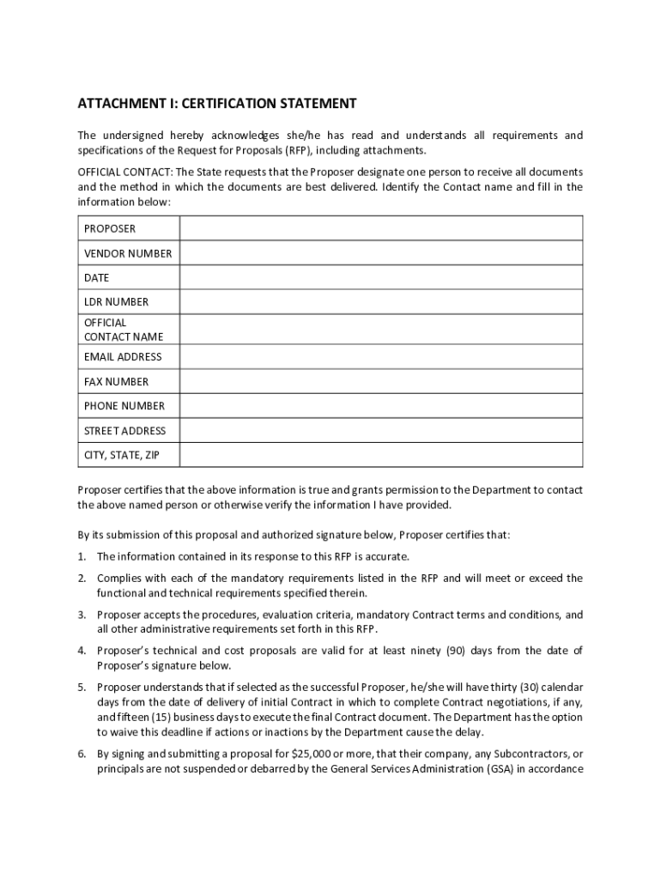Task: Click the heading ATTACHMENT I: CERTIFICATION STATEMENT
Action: [x=216, y=104]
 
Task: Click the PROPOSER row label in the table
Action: [x=110, y=229]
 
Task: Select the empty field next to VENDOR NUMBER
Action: [x=380, y=253]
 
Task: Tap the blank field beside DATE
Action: [x=380, y=278]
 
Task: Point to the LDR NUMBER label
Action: [x=116, y=302]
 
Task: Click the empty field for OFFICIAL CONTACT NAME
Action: [x=380, y=330]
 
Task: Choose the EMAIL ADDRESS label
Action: [x=123, y=357]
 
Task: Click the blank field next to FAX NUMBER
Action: [x=380, y=381]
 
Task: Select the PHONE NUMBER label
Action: [x=124, y=406]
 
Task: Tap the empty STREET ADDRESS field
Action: [x=380, y=431]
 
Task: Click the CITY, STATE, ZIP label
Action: [x=121, y=455]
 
